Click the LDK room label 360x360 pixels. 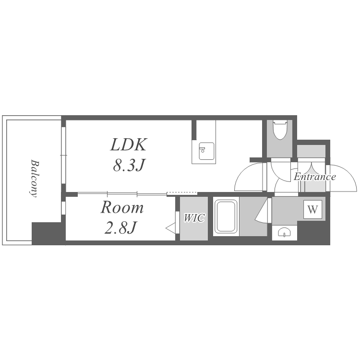click(x=128, y=145)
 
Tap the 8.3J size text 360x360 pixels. click(x=129, y=165)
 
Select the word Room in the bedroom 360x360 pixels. click(x=122, y=207)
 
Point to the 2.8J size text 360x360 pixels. click(x=120, y=228)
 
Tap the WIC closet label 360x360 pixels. click(x=194, y=218)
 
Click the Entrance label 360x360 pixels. click(x=315, y=177)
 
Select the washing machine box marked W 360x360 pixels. click(x=312, y=209)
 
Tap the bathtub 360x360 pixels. click(x=226, y=216)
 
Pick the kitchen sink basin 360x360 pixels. click(x=206, y=151)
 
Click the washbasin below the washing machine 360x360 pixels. click(x=284, y=232)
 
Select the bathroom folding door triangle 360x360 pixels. click(x=261, y=210)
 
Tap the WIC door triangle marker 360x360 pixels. click(x=170, y=228)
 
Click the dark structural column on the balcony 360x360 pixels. click(x=47, y=233)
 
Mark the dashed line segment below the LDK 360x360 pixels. click(x=182, y=193)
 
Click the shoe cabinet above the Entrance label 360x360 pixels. click(x=312, y=151)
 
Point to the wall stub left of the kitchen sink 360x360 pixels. click(x=194, y=130)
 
